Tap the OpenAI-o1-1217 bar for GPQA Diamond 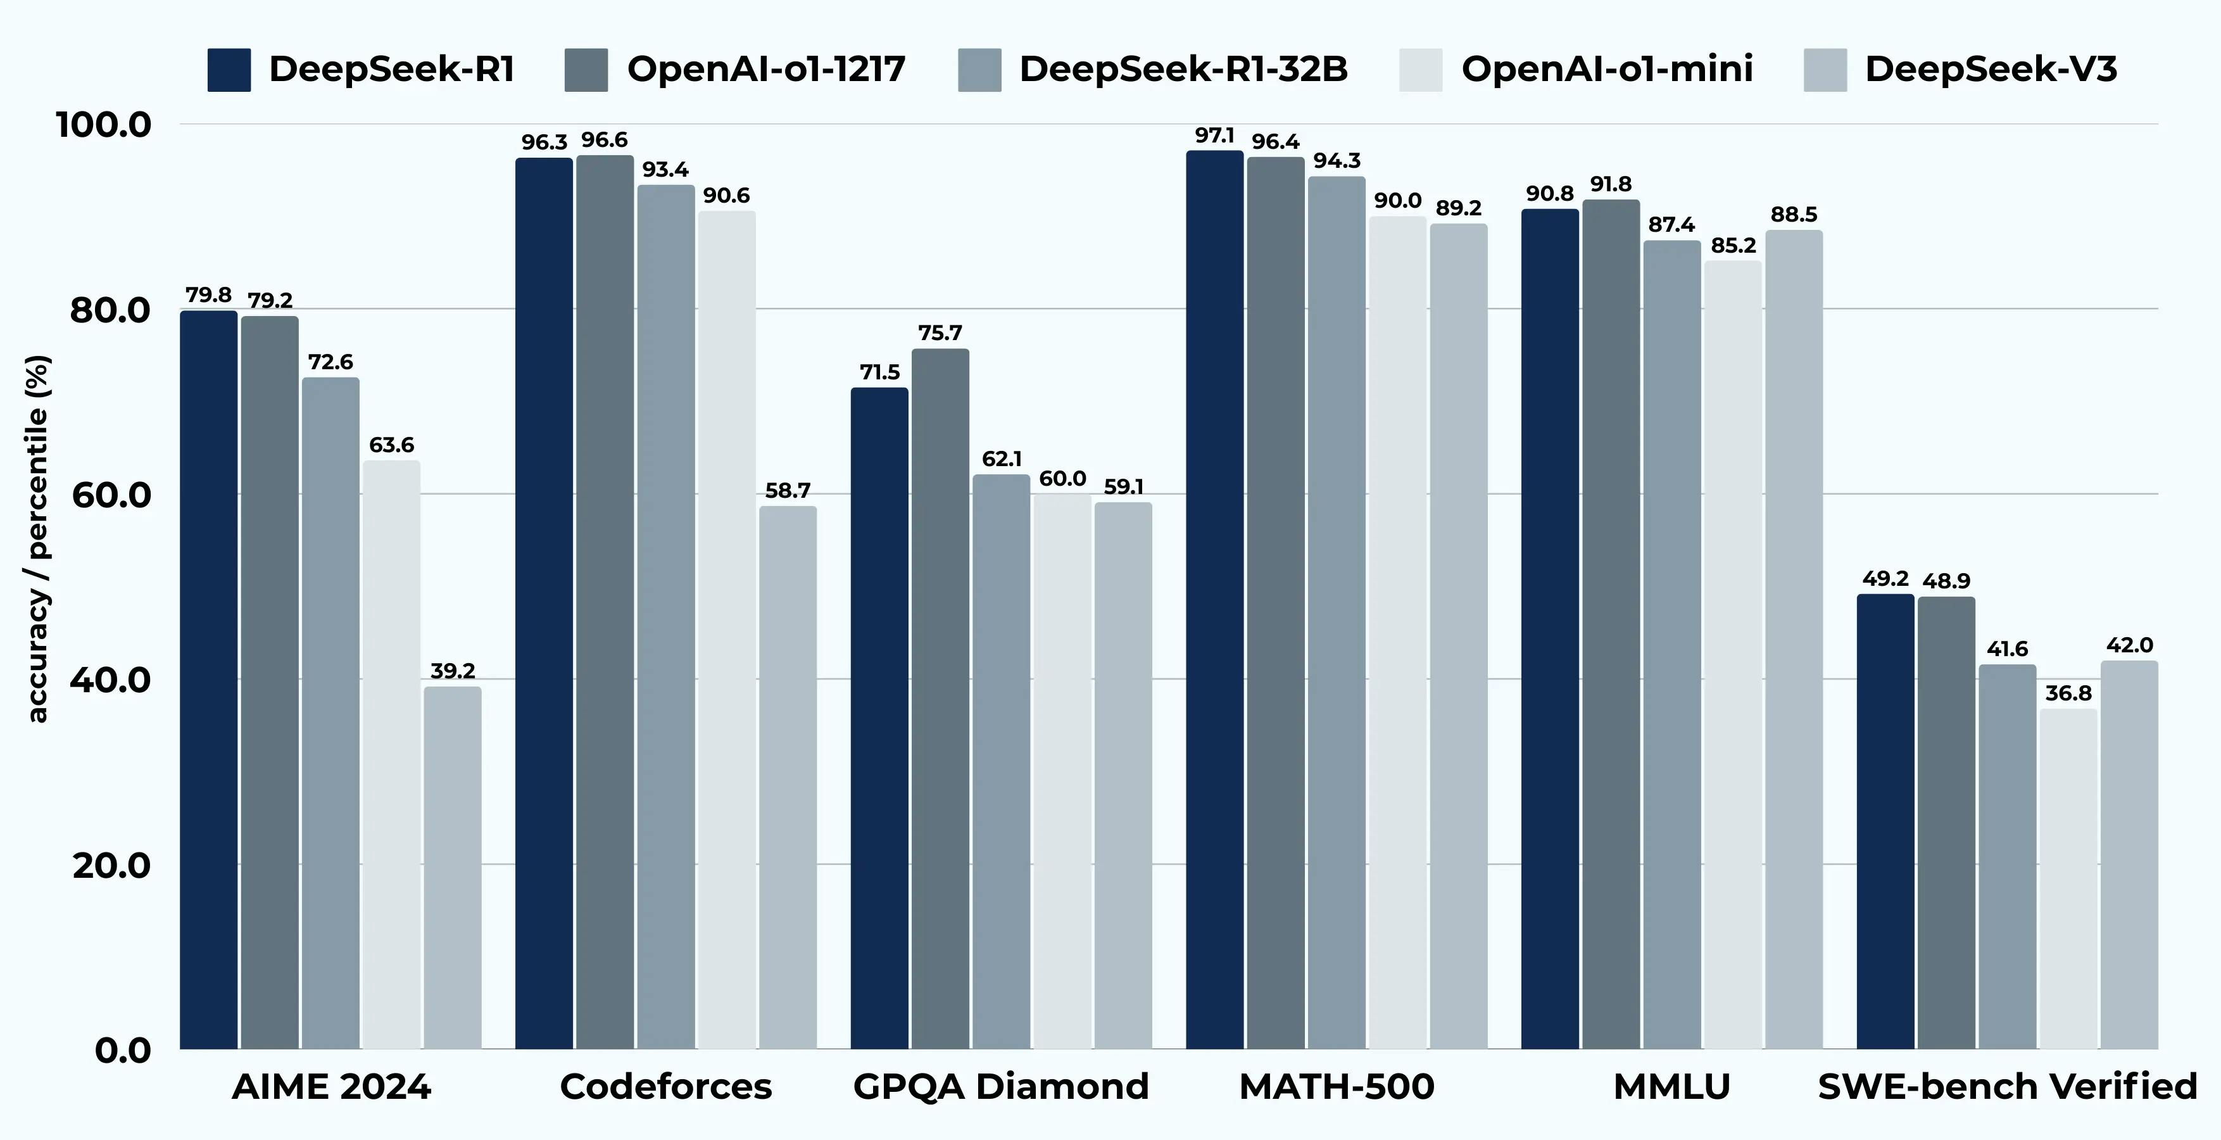tap(940, 699)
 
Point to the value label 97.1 tap(1214, 136)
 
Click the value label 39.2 tap(453, 671)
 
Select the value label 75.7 tap(940, 333)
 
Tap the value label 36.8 tap(2068, 693)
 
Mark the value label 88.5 tap(1794, 215)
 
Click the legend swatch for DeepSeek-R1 tap(229, 70)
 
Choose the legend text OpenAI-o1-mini tap(1607, 69)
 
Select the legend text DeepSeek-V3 tap(1991, 69)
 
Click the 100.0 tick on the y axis tap(103, 125)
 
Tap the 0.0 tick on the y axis tap(122, 1050)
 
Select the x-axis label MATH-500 tap(1337, 1087)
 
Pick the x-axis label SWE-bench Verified tap(2007, 1087)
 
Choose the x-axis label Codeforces tap(665, 1087)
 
